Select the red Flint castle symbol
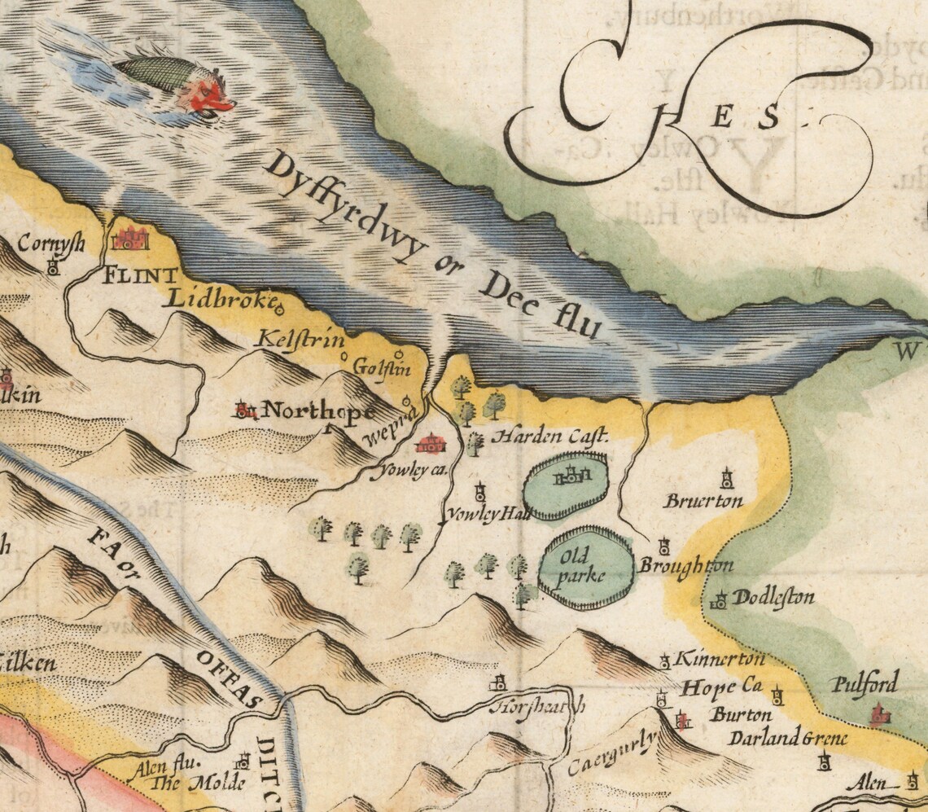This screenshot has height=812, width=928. click(x=131, y=238)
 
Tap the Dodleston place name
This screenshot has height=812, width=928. click(x=773, y=598)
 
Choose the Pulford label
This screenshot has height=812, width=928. click(x=865, y=683)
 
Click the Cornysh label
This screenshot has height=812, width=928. click(x=51, y=243)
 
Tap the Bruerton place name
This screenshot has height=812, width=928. click(x=703, y=501)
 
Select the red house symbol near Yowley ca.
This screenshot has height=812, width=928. click(x=430, y=444)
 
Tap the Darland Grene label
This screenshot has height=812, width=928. click(x=787, y=740)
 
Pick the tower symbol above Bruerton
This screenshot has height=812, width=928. click(x=726, y=476)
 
